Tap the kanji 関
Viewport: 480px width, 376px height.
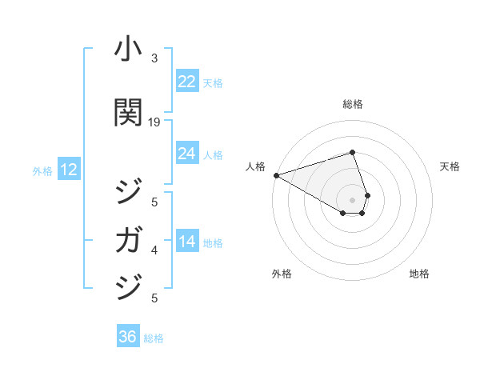click(x=128, y=113)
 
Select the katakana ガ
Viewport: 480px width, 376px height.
click(x=128, y=239)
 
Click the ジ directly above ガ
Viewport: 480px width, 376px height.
click(x=128, y=193)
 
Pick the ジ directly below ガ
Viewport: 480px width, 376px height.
click(x=128, y=286)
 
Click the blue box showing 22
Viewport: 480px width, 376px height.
click(x=186, y=82)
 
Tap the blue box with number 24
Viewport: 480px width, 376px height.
click(x=186, y=154)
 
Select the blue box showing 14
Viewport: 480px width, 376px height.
click(x=186, y=242)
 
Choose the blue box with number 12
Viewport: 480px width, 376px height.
click(x=68, y=170)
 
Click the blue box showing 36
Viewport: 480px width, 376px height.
click(x=128, y=337)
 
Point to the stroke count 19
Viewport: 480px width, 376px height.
click(x=154, y=122)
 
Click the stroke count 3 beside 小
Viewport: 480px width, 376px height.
click(x=154, y=58)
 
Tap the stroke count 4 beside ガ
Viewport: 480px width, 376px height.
click(x=154, y=250)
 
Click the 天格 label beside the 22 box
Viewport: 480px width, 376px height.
click(x=213, y=83)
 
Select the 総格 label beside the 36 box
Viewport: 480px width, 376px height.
click(x=154, y=338)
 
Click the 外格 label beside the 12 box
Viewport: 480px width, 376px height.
click(x=42, y=170)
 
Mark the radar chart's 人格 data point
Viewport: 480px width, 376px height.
click(x=276, y=175)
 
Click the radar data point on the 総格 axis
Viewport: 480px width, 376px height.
click(x=352, y=152)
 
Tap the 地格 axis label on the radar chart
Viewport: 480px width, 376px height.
click(x=419, y=274)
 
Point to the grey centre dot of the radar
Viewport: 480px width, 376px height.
click(x=352, y=198)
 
